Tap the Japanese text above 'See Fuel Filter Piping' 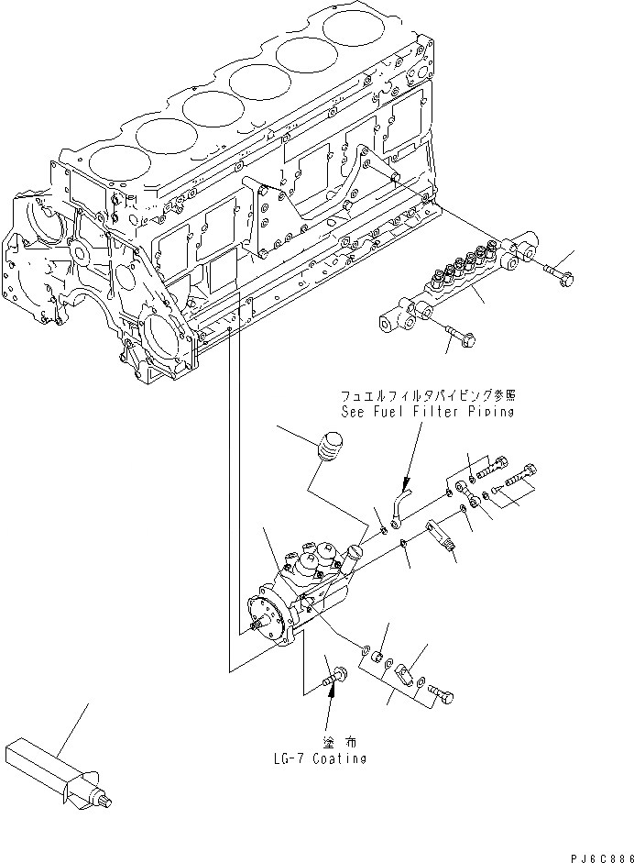(x=428, y=396)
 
